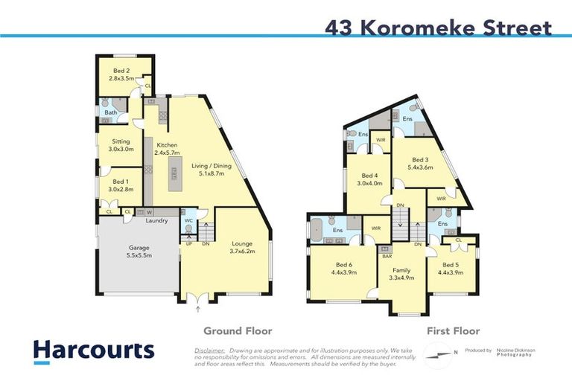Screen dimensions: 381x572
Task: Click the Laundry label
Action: coord(156,220)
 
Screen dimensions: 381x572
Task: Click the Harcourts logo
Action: coord(94,351)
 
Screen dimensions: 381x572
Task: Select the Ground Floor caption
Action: coord(238,331)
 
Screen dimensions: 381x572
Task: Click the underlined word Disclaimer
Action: coord(209,349)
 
